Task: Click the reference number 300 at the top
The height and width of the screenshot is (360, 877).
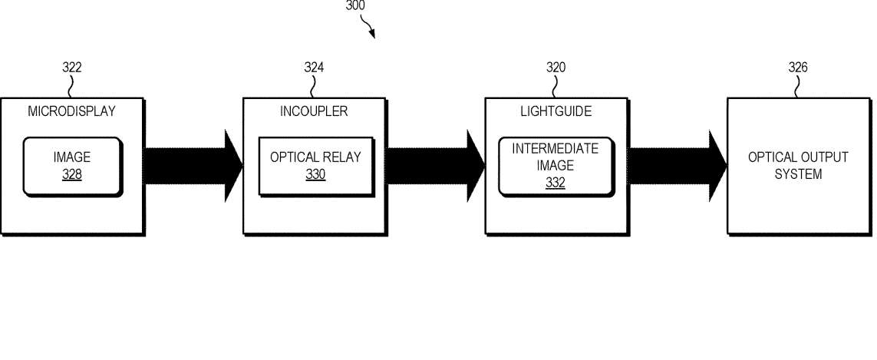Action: [355, 5]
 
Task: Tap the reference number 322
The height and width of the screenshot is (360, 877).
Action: [71, 68]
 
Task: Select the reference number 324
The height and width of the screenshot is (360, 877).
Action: [314, 68]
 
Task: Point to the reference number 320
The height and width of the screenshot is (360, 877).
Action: [556, 68]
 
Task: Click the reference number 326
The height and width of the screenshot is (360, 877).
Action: [798, 68]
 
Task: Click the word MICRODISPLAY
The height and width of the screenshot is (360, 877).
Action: [71, 111]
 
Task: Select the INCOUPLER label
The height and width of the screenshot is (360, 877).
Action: [314, 111]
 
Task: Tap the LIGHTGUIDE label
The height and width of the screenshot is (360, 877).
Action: [556, 111]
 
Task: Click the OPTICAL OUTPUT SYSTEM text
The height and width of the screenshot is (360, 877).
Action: [798, 166]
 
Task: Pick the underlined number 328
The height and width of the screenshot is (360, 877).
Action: [71, 175]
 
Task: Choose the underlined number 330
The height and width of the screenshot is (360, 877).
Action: [315, 175]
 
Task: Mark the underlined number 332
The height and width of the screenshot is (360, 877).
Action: [556, 183]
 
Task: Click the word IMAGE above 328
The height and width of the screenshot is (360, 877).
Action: [71, 157]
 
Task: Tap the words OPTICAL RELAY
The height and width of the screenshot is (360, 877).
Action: [315, 157]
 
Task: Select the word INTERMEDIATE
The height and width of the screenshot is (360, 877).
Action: [556, 149]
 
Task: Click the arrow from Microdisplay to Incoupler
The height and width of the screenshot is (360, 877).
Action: [193, 166]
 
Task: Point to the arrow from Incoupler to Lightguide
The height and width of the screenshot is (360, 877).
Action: [436, 166]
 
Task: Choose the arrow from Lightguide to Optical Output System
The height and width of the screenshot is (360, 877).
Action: [678, 166]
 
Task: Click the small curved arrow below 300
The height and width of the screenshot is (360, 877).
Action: [368, 27]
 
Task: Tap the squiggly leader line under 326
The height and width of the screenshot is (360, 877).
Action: [796, 86]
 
